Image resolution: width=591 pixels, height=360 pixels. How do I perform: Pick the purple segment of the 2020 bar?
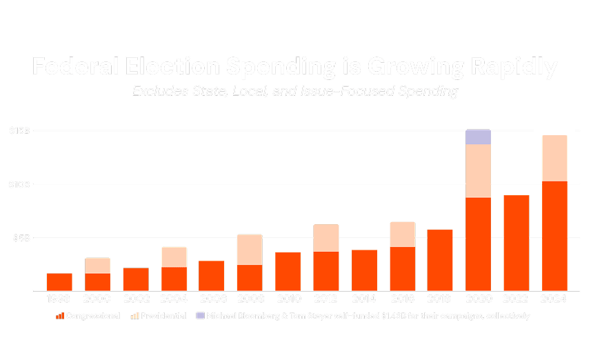tap(478, 137)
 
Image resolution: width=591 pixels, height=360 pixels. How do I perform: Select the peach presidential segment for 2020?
tap(478, 171)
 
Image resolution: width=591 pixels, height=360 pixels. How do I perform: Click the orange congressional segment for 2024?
tap(554, 235)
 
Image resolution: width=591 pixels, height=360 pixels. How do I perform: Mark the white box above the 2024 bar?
tap(554, 126)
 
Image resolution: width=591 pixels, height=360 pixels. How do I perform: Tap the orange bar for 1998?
tap(59, 281)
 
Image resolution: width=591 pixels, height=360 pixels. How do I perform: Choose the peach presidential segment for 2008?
tap(250, 250)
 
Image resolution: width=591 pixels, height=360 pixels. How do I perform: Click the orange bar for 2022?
tap(516, 243)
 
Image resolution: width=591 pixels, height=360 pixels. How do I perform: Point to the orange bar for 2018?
tap(440, 259)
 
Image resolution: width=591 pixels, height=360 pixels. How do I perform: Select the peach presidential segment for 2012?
tap(325, 238)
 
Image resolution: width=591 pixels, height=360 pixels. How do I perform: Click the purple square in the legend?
tap(200, 316)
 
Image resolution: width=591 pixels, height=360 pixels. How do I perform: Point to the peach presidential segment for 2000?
tap(97, 266)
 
